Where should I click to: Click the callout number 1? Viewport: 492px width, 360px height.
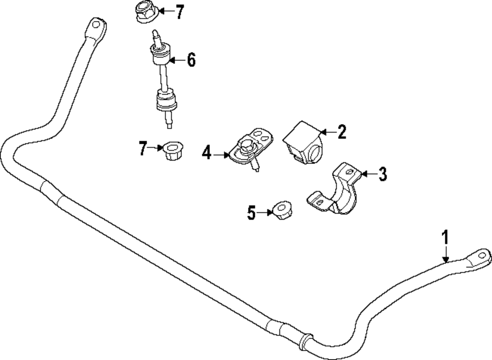coord(445,238)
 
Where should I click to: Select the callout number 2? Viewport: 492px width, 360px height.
coord(342,131)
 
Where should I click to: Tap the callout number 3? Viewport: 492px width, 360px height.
coord(383,174)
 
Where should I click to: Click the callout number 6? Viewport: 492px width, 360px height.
coord(191,61)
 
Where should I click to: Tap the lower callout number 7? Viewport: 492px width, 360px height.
coord(143,148)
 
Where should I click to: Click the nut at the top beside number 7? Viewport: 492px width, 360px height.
coord(145,12)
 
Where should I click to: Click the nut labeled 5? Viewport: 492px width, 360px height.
coord(282,210)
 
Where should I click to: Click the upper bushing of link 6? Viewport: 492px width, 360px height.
coord(161,55)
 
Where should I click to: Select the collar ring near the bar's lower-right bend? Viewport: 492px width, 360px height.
coord(305,341)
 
